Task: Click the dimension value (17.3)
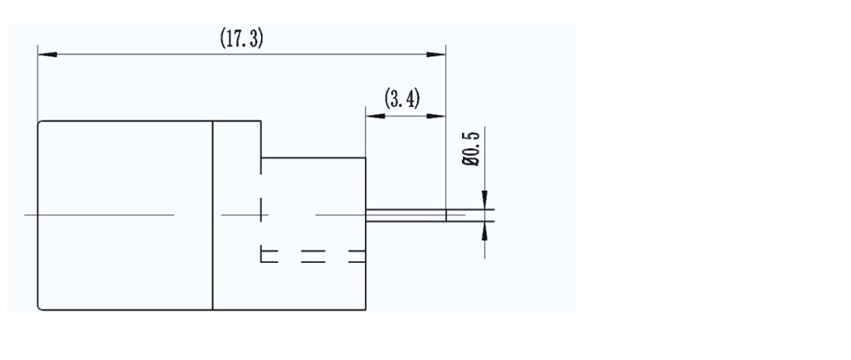(242, 39)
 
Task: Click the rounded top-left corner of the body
(40, 124)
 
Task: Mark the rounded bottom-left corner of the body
(40, 306)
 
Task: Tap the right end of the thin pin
(445, 214)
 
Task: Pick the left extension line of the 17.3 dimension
(37, 85)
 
